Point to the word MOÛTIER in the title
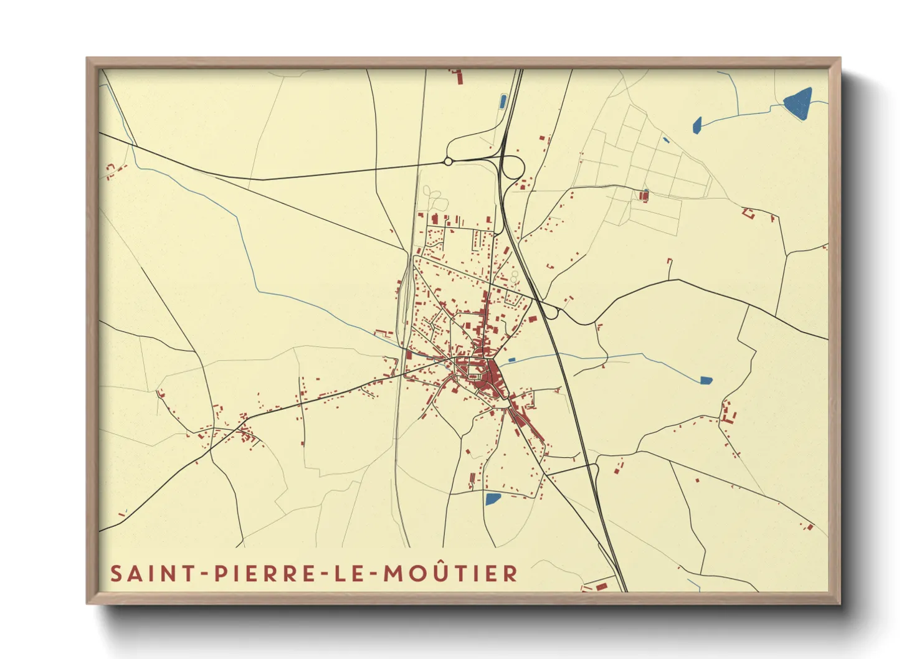(x=450, y=574)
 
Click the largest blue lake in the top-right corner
(x=799, y=103)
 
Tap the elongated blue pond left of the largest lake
(x=697, y=125)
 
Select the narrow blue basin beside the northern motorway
(x=503, y=101)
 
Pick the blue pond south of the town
(x=492, y=498)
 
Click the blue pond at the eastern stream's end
(x=705, y=379)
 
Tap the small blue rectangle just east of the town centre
(x=511, y=360)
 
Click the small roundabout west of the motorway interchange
(x=448, y=162)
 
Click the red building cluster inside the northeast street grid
(x=644, y=196)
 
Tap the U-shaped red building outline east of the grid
(x=748, y=213)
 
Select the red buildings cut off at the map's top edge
(x=459, y=77)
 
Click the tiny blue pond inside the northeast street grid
(x=665, y=140)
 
